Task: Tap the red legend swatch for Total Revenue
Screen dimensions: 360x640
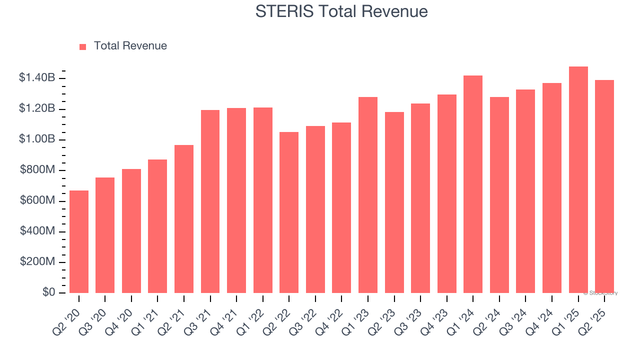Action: [83, 46]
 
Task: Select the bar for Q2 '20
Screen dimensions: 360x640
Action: [79, 241]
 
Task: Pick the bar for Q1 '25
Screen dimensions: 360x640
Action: [578, 180]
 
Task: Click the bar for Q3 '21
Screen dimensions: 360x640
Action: [210, 201]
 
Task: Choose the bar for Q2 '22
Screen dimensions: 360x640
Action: [289, 212]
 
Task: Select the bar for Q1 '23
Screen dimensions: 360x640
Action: [368, 195]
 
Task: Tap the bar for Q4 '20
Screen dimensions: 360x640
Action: [131, 231]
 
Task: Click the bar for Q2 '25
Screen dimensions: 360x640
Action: [604, 186]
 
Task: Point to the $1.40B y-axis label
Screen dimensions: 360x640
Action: [37, 77]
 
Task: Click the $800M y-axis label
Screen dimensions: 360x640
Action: [37, 170]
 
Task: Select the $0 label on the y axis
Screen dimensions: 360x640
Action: [48, 292]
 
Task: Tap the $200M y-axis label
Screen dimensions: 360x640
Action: [37, 261]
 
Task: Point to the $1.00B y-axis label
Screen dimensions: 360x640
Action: [37, 139]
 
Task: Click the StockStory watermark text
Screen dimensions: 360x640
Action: [600, 293]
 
